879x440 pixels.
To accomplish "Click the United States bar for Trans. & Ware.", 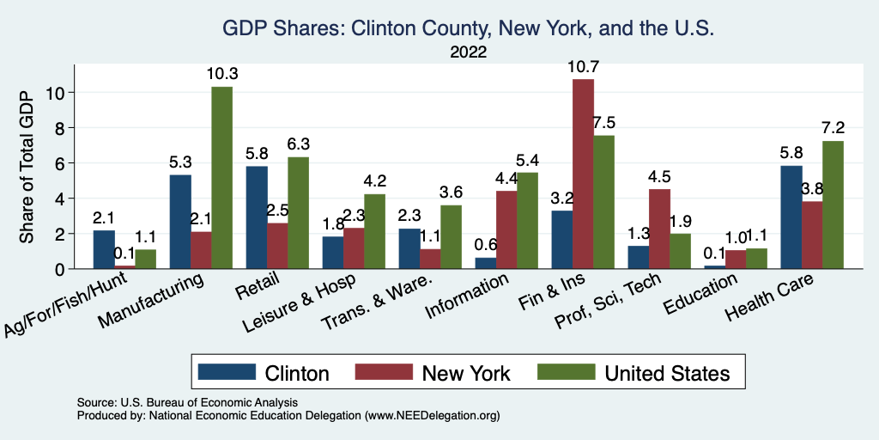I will (x=451, y=236).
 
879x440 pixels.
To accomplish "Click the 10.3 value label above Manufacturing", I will (x=222, y=74).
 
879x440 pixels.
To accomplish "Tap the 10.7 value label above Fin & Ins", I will (x=583, y=66).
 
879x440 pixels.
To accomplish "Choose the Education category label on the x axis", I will (x=702, y=297).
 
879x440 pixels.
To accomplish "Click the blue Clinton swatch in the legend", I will (x=227, y=372).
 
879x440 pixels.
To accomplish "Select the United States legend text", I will (x=667, y=373).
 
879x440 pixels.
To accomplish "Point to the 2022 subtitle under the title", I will (x=468, y=52).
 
